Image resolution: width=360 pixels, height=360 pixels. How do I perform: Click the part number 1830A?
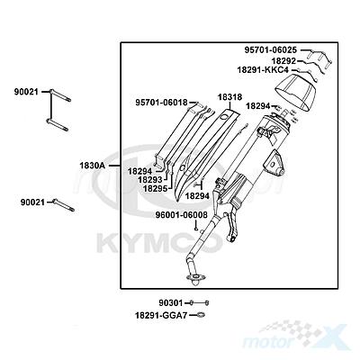pyautogui.click(x=92, y=166)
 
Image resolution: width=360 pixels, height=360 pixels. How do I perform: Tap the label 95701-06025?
pyautogui.click(x=271, y=50)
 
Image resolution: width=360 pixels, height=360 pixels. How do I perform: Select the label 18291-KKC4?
pyautogui.click(x=263, y=70)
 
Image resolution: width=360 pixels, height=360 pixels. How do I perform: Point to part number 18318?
pyautogui.click(x=229, y=97)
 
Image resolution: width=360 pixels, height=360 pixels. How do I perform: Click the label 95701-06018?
pyautogui.click(x=161, y=103)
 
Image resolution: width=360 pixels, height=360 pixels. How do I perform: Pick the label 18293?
pyautogui.click(x=150, y=180)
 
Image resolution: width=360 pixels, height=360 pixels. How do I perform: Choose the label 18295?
pyautogui.click(x=155, y=188)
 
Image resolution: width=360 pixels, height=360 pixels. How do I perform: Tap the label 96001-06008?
pyautogui.click(x=181, y=215)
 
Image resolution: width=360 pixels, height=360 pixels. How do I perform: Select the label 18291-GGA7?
pyautogui.click(x=161, y=315)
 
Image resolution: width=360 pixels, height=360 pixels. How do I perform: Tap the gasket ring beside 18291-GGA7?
pyautogui.click(x=201, y=315)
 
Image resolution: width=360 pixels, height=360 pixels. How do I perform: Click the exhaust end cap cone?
pyautogui.click(x=296, y=92)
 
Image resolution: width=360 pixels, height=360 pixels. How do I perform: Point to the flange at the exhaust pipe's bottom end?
pyautogui.click(x=195, y=278)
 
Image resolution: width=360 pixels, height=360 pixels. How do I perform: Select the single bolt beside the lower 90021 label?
pyautogui.click(x=64, y=205)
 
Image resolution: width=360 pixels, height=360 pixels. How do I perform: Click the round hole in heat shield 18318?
pyautogui.click(x=223, y=118)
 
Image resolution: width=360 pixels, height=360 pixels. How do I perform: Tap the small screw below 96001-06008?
pyautogui.click(x=196, y=229)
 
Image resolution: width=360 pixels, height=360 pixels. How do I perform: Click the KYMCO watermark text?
pyautogui.click(x=159, y=243)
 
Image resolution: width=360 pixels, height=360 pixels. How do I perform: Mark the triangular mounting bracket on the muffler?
pyautogui.click(x=274, y=164)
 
